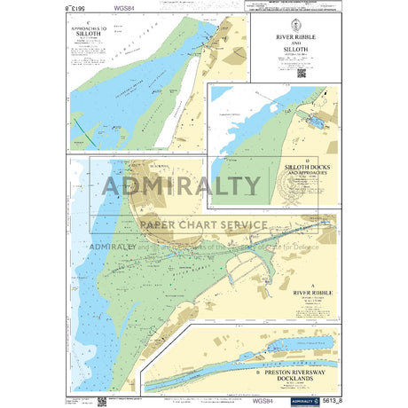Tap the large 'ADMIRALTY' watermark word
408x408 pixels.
click(183, 186)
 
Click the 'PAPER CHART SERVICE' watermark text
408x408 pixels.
click(201, 225)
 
